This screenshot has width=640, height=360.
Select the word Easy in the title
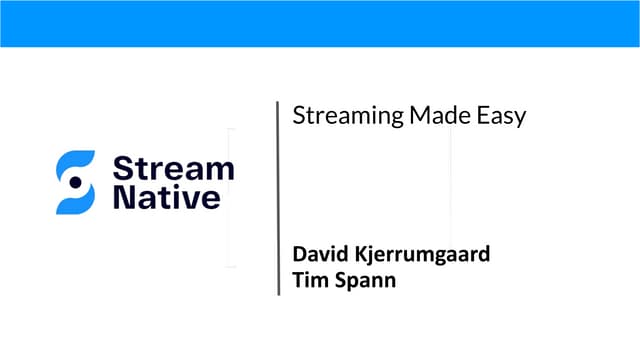pyautogui.click(x=501, y=117)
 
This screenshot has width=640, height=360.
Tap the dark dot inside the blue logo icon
pyautogui.click(x=75, y=182)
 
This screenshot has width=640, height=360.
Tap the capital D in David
pyautogui.click(x=299, y=254)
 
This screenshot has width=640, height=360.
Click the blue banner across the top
pyautogui.click(x=320, y=23)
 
